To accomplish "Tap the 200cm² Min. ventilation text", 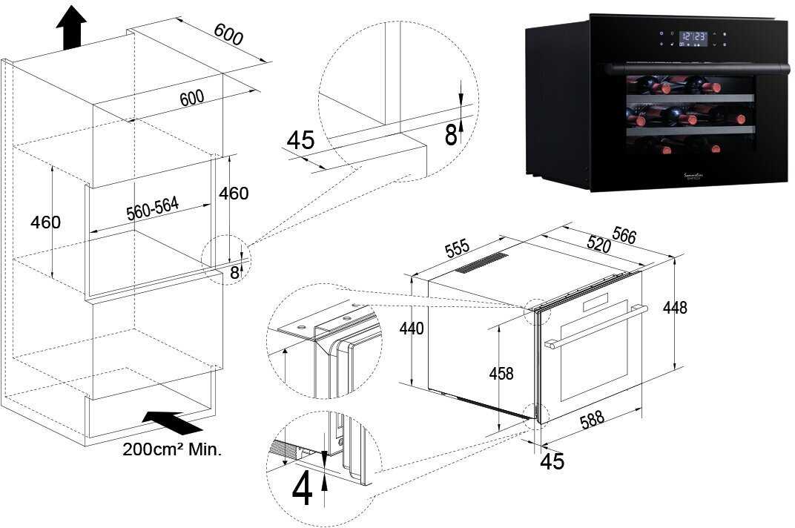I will tap(172, 449).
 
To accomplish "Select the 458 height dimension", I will tap(501, 373).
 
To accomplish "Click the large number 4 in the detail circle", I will tap(302, 490).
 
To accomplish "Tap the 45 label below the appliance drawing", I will tap(552, 461).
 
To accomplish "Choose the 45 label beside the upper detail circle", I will tap(300, 139).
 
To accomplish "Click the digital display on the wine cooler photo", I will tap(693, 36).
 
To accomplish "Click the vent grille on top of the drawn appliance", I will tap(481, 262).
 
